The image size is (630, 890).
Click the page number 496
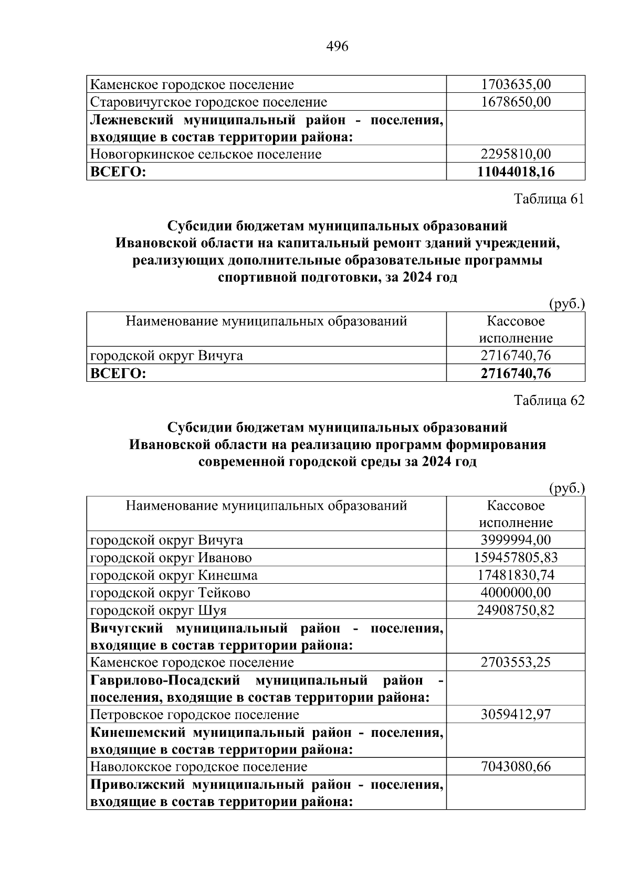click(x=337, y=47)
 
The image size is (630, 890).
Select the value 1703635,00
click(x=516, y=84)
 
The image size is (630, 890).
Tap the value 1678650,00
click(x=516, y=102)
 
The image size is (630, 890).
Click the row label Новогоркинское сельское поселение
click(x=206, y=154)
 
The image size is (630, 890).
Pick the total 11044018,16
click(x=516, y=171)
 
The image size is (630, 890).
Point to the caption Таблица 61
click(x=549, y=199)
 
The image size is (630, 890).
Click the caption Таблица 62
click(x=549, y=401)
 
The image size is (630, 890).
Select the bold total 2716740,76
click(x=516, y=373)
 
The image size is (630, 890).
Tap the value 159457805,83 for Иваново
click(x=516, y=557)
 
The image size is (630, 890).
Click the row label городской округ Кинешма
click(x=174, y=575)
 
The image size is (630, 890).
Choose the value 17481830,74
click(x=516, y=575)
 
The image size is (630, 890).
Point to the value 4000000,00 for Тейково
click(x=516, y=593)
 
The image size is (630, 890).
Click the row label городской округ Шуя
click(x=159, y=610)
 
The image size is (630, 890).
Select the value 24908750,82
click(x=516, y=610)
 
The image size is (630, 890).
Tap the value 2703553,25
click(x=516, y=662)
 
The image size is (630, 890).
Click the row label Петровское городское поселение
click(x=194, y=715)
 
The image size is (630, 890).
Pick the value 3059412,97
click(x=516, y=715)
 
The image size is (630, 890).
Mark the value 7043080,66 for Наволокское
click(x=516, y=767)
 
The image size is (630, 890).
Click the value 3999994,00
click(x=516, y=540)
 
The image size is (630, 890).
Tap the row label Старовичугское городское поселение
click(x=208, y=102)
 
